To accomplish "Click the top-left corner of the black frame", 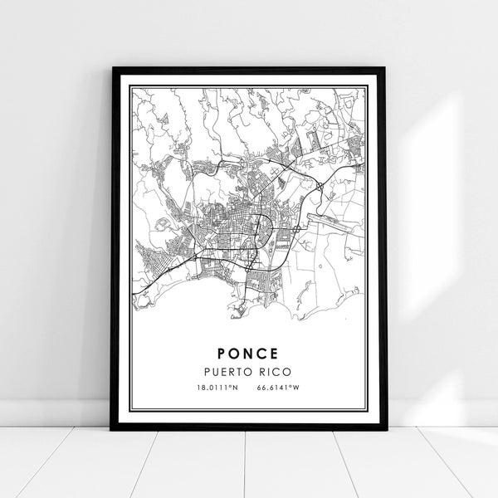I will [112, 68].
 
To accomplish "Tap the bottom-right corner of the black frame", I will [386, 428].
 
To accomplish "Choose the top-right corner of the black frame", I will [386, 68].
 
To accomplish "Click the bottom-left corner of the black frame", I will [112, 428].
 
